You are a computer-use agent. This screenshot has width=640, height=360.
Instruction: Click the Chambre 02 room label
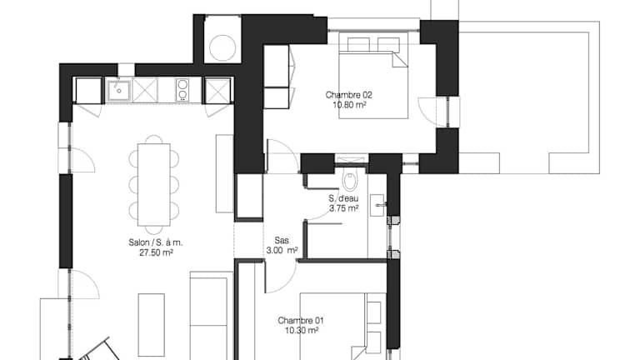tap(348, 95)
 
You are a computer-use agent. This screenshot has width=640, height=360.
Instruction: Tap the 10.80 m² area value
tap(349, 105)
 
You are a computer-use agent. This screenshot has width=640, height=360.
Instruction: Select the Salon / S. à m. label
tap(156, 242)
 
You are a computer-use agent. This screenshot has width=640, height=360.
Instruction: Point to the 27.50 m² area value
tap(157, 252)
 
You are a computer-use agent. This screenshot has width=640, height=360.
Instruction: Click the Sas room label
tap(282, 240)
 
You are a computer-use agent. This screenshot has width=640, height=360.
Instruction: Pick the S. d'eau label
tap(343, 199)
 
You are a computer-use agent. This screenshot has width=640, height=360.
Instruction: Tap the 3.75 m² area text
tap(344, 208)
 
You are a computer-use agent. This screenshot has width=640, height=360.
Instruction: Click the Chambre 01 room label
tap(301, 320)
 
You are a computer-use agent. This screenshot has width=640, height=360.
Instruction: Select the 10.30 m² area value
tap(302, 330)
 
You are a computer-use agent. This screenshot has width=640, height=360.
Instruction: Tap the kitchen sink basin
tap(119, 91)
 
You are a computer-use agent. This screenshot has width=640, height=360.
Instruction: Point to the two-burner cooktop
tap(182, 90)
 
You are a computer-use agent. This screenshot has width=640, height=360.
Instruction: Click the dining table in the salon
tap(154, 184)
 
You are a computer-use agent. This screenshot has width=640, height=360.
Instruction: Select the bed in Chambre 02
tap(373, 76)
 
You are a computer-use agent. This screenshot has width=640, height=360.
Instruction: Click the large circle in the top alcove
tap(222, 47)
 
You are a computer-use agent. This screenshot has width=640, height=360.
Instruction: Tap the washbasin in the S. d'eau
tap(377, 205)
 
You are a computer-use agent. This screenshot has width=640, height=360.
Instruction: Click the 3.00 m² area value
tap(282, 250)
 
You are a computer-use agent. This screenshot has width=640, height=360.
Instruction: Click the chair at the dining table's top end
tap(154, 139)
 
